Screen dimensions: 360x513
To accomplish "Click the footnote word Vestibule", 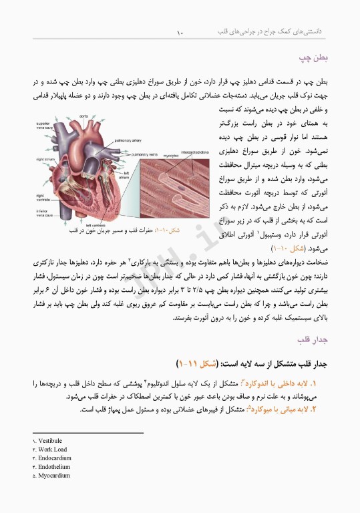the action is pyautogui.click(x=50, y=441).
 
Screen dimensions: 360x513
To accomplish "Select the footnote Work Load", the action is pyautogui.click(x=51, y=450).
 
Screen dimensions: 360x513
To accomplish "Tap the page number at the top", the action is pyautogui.click(x=180, y=31).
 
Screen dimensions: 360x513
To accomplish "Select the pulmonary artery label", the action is pyautogui.click(x=127, y=141).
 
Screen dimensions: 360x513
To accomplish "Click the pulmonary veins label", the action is pyautogui.click(x=144, y=154).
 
